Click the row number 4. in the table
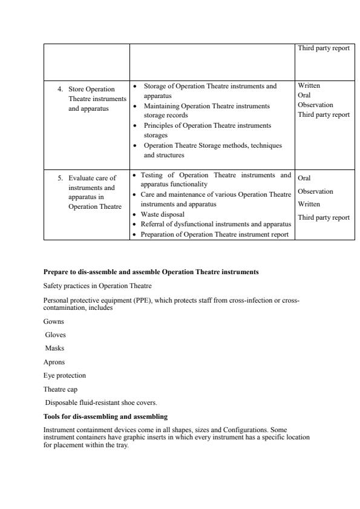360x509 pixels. (61, 89)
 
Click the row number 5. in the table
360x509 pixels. (61, 179)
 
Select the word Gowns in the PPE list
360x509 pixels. (53, 321)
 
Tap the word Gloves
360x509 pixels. (56, 335)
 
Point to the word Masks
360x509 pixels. (54, 348)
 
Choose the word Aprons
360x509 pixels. (54, 362)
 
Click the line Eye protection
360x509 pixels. (65, 375)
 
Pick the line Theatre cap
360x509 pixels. (61, 389)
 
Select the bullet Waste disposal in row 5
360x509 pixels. (163, 214)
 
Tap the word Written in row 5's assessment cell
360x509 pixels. (309, 204)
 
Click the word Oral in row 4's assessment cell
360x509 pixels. (304, 95)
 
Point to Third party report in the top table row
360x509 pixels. (324, 48)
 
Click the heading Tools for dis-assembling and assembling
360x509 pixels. (105, 416)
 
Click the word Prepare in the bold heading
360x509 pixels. (56, 272)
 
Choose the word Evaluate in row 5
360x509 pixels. (82, 179)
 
